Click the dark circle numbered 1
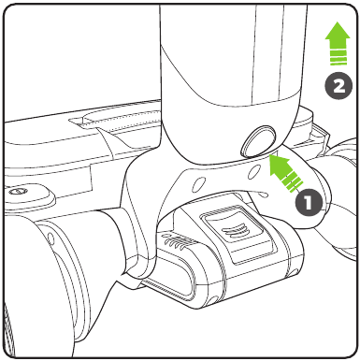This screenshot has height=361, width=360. [309, 202]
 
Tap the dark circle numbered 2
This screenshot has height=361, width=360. [338, 85]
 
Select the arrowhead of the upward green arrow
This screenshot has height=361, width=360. [338, 35]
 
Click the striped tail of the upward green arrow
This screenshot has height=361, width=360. [338, 57]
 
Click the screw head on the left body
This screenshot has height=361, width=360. [16, 191]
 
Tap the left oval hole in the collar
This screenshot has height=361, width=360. [197, 185]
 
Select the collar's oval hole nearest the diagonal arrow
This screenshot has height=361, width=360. [254, 171]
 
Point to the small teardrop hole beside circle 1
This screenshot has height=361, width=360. [264, 195]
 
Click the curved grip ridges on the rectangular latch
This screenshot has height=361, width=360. [234, 232]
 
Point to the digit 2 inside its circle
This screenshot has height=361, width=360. [338, 86]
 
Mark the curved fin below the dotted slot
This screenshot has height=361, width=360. [116, 141]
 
